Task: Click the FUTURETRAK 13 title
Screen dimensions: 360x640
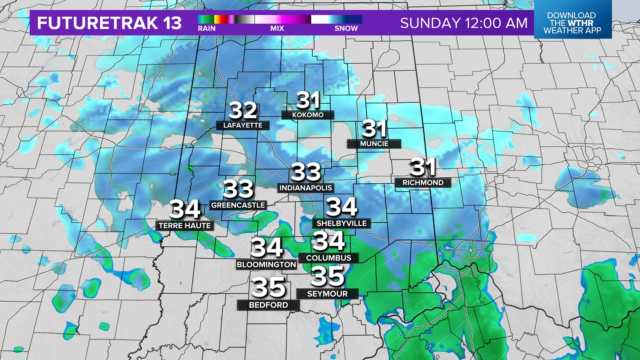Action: (x=109, y=23)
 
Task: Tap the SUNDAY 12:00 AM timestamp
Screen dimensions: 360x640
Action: (x=464, y=23)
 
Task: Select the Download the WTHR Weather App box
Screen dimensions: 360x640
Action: (x=572, y=23)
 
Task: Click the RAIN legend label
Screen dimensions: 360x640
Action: (x=207, y=29)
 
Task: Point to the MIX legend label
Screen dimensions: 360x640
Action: (x=277, y=29)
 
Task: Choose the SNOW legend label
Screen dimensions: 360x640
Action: (x=346, y=29)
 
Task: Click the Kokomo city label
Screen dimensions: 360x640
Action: (x=308, y=115)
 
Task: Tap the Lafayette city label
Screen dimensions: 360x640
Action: (x=243, y=125)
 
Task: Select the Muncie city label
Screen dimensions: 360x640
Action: (x=374, y=144)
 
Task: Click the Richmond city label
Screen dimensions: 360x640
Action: (x=423, y=183)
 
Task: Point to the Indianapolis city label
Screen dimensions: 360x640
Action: (x=306, y=188)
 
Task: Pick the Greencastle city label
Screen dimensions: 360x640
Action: (x=238, y=205)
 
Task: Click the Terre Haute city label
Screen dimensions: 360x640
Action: (x=185, y=226)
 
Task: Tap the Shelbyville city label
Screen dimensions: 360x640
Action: (x=341, y=223)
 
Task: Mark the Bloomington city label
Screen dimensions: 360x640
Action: (x=266, y=265)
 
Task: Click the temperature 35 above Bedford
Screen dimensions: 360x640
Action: (x=268, y=287)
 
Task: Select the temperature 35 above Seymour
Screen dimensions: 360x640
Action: (x=327, y=276)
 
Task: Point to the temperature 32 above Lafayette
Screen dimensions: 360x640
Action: (x=243, y=110)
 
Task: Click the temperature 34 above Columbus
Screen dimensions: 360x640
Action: (x=329, y=241)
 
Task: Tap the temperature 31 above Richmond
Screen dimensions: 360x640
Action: (x=423, y=167)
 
